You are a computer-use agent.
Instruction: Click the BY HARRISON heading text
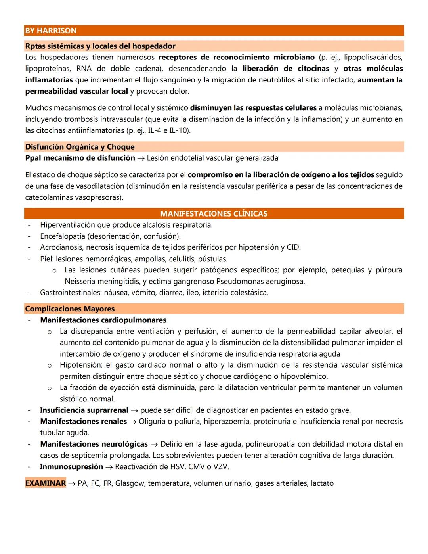[x=51, y=31]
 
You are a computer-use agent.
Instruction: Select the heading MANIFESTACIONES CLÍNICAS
[x=214, y=214]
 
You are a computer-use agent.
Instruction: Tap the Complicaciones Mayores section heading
[x=70, y=309]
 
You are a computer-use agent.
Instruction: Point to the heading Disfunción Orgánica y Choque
[x=80, y=147]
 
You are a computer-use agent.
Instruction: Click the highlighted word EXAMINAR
[x=45, y=483]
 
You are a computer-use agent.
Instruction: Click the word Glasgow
[x=130, y=483]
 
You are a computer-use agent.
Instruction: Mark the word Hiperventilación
[x=67, y=225]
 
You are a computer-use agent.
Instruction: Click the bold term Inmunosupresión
[x=71, y=467]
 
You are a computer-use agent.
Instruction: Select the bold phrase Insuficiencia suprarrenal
[x=84, y=410]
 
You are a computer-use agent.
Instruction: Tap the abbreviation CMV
[x=196, y=467]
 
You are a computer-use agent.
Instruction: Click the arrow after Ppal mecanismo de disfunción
[x=141, y=158]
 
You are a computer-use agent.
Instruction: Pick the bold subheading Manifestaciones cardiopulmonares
[x=103, y=320]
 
